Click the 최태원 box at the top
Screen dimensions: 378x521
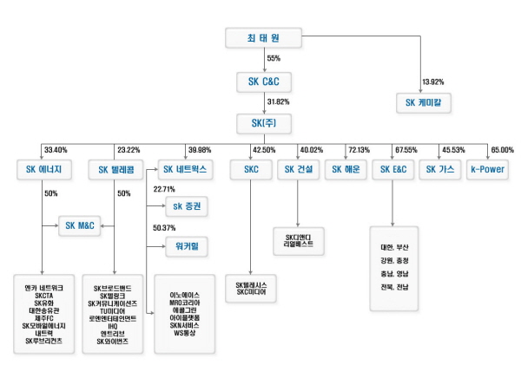(x=262, y=38)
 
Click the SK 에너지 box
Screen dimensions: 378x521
(x=43, y=169)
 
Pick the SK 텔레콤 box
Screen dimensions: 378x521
(x=116, y=170)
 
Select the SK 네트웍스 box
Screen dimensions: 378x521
(x=184, y=169)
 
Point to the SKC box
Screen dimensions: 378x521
(x=252, y=169)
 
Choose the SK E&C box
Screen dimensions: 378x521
(x=392, y=169)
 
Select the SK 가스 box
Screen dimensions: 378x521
(x=440, y=169)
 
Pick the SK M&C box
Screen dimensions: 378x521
(x=82, y=225)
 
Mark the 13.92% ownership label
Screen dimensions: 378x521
(x=432, y=81)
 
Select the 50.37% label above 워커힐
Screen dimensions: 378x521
(x=164, y=227)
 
